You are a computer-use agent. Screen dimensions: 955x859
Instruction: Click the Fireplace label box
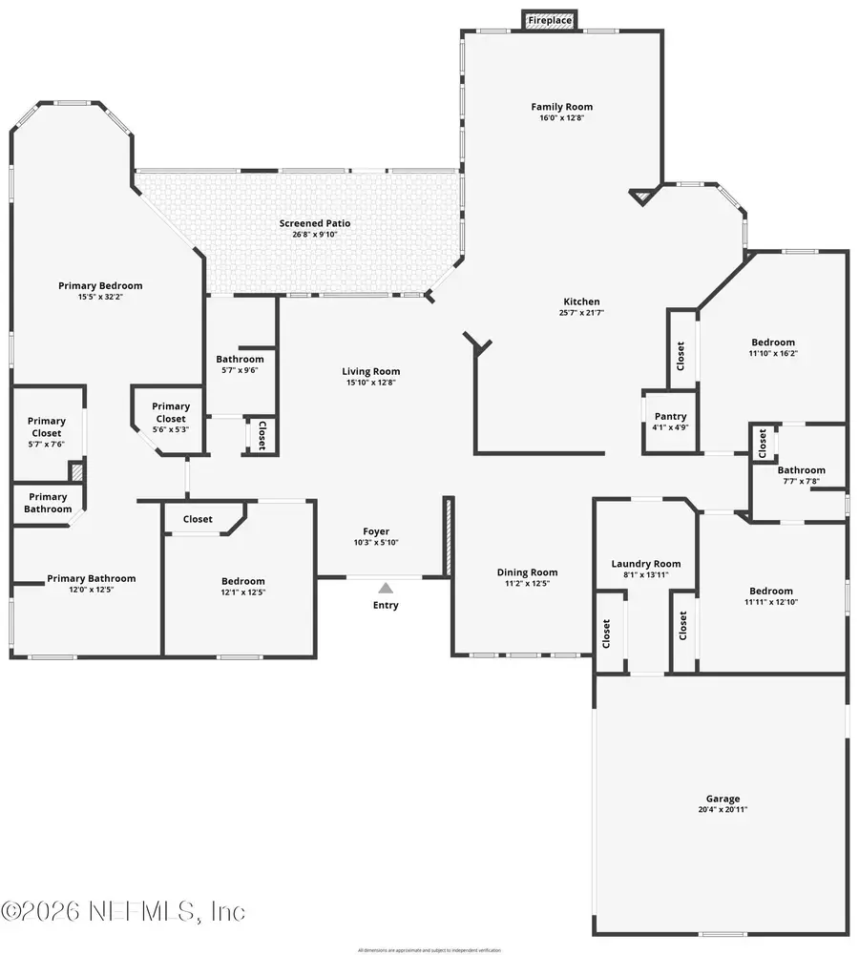click(550, 20)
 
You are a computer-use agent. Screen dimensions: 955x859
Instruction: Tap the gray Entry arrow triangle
click(386, 589)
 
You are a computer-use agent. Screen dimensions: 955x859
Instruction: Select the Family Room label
click(561, 107)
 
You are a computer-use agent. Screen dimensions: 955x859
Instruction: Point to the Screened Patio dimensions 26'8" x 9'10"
click(314, 235)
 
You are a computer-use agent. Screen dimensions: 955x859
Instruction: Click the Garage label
click(722, 799)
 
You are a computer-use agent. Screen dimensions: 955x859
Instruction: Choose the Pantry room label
click(669, 417)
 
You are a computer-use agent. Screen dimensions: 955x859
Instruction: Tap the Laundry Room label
click(645, 564)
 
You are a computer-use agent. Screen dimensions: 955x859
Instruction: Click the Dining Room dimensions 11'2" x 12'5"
click(523, 583)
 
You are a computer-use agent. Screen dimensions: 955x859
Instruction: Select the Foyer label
click(375, 531)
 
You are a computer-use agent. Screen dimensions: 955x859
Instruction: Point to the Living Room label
click(371, 371)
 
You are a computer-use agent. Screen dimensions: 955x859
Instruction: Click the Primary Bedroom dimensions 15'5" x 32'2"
click(100, 297)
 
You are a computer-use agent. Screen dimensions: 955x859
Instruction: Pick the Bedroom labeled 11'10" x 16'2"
click(772, 343)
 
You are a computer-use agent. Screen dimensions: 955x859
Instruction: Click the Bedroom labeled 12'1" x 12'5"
click(242, 581)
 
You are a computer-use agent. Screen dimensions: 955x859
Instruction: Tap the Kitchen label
click(579, 301)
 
